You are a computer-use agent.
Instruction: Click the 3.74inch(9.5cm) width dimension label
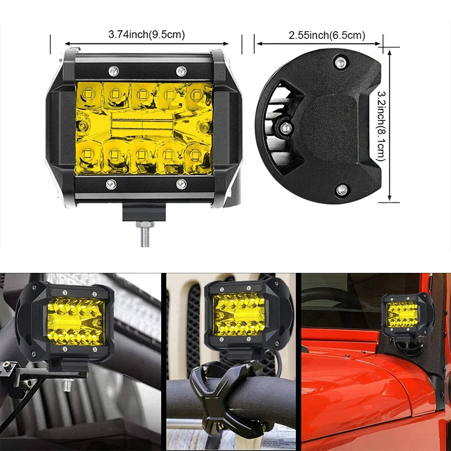(147, 35)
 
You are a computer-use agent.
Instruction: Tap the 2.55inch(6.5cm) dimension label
(327, 36)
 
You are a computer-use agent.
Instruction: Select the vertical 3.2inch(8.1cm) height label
(381, 126)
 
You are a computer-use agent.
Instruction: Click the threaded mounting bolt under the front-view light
(145, 233)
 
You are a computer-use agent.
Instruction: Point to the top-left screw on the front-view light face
(113, 70)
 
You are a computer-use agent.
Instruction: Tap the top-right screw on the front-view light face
(181, 71)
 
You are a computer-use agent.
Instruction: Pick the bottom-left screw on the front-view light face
(111, 184)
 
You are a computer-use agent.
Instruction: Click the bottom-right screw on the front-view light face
(181, 184)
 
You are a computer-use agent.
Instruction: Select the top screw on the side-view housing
(341, 62)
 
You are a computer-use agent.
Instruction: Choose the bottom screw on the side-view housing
(342, 190)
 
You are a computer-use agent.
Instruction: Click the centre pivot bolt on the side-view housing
(286, 127)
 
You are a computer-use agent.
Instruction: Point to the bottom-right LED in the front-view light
(194, 156)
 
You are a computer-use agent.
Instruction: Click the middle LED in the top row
(142, 94)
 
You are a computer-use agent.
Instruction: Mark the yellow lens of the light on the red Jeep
(402, 315)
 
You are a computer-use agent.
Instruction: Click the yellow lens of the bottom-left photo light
(76, 321)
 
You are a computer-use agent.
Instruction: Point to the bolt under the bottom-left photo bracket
(68, 384)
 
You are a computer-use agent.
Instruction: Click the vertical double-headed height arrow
(390, 125)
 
